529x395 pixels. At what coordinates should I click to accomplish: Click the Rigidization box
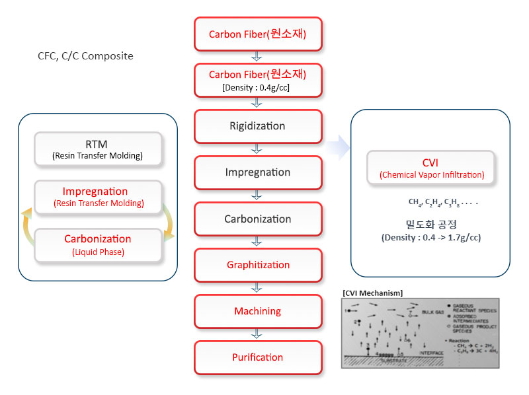click(x=257, y=126)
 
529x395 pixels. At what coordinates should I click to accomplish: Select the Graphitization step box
click(x=257, y=265)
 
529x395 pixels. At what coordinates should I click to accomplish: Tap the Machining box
click(x=257, y=311)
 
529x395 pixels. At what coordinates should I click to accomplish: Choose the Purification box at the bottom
click(x=257, y=357)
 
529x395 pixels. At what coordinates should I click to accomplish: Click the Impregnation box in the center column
click(x=257, y=172)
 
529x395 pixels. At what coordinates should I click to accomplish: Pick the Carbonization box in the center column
click(x=257, y=219)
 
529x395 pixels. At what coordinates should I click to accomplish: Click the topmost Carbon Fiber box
click(x=257, y=34)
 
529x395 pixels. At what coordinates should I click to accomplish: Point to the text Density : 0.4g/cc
click(x=257, y=87)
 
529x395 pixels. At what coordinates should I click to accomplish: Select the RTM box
click(x=97, y=149)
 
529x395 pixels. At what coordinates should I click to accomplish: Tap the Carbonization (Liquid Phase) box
click(x=97, y=244)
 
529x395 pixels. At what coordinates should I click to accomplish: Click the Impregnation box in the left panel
click(x=99, y=197)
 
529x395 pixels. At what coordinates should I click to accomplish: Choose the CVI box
click(x=430, y=168)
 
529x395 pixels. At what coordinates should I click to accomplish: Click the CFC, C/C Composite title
click(x=85, y=56)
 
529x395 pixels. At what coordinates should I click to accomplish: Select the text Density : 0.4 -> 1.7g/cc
click(x=430, y=237)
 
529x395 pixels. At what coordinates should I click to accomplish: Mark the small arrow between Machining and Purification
click(x=257, y=334)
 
